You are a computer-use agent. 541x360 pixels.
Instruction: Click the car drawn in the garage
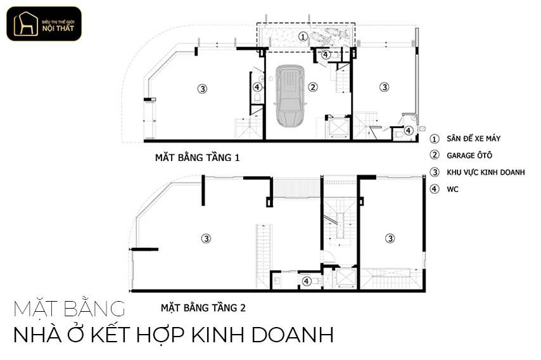click(290, 97)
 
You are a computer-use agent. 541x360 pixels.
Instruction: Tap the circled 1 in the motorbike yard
click(303, 37)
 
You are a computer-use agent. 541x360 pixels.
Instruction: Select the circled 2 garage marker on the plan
click(312, 87)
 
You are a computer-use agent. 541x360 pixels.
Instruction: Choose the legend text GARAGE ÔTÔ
click(470, 155)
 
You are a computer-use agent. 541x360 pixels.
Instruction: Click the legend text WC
click(454, 188)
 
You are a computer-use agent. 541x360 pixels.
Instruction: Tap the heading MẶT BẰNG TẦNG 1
click(197, 157)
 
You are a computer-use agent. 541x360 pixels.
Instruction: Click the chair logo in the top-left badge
click(26, 24)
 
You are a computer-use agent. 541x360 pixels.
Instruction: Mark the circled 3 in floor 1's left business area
click(201, 89)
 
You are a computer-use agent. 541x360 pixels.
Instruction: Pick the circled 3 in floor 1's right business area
click(384, 87)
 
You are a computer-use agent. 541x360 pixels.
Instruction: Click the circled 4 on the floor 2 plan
click(307, 281)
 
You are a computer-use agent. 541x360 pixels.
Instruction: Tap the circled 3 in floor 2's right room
click(390, 238)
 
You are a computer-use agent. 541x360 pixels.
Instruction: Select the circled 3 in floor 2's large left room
click(206, 238)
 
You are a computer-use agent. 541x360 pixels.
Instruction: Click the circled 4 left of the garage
click(257, 87)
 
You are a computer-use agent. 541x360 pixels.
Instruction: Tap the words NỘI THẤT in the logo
click(61, 28)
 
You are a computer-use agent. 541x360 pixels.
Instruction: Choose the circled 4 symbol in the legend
click(435, 188)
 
